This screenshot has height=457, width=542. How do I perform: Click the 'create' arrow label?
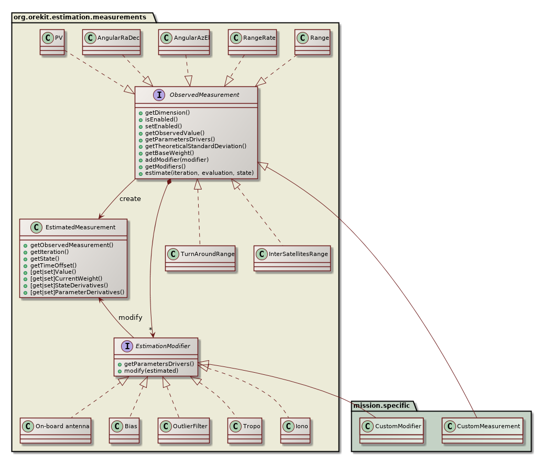point(130,199)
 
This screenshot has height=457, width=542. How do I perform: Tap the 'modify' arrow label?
point(130,318)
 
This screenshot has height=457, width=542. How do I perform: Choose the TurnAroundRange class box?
point(200,254)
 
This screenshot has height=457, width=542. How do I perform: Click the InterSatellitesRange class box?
point(292,254)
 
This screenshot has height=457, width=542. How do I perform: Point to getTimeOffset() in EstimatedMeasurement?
point(53,265)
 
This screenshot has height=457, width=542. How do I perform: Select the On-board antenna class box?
point(55,426)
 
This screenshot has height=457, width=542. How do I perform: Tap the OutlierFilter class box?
point(183,426)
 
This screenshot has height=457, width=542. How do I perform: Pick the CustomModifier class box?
point(392,426)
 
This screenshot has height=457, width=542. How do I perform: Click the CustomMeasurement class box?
point(482,426)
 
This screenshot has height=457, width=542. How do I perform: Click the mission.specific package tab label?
point(382,406)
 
